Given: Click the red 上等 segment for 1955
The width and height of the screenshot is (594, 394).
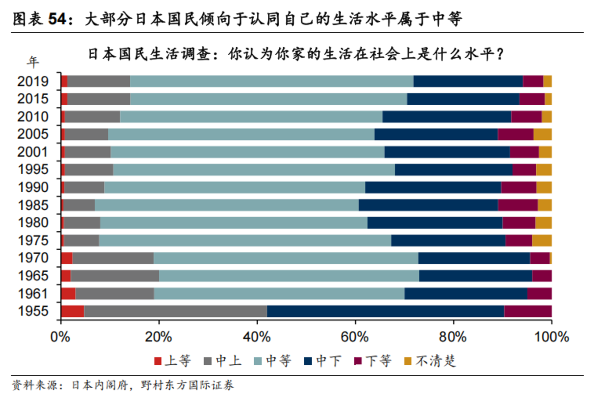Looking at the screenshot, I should (x=73, y=311).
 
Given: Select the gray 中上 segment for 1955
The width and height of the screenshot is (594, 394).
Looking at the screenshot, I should (x=175, y=311).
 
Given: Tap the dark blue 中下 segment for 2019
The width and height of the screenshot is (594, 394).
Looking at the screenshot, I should (x=468, y=81).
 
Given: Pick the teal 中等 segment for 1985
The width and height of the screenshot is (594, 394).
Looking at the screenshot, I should (x=227, y=205).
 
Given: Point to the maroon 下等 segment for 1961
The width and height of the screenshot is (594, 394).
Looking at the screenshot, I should (x=539, y=293).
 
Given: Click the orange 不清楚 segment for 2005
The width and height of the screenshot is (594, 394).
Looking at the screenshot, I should (x=542, y=134).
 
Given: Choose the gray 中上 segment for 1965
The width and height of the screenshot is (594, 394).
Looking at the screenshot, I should (x=115, y=276).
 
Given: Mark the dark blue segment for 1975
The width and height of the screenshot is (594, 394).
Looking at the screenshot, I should (x=448, y=240).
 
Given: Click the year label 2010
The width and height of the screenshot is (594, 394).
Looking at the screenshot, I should (x=33, y=117).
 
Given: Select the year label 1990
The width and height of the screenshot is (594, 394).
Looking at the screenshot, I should (x=33, y=187).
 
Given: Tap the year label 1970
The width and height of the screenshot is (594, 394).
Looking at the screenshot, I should (x=33, y=258).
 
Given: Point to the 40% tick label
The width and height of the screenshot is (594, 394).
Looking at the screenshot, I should (x=257, y=337).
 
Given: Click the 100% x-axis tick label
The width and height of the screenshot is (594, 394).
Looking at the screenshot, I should (x=551, y=337).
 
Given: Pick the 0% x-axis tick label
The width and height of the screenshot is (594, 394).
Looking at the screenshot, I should (x=60, y=337).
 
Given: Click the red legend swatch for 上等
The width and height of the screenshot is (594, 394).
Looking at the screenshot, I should (x=158, y=361).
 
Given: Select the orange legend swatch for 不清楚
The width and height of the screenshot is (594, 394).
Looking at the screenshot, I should (x=408, y=361).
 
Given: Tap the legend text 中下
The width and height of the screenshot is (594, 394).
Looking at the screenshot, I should (x=328, y=361).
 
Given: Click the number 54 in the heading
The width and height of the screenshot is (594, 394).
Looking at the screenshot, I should (x=57, y=19).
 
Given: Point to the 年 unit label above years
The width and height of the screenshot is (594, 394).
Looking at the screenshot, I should (x=33, y=62).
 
